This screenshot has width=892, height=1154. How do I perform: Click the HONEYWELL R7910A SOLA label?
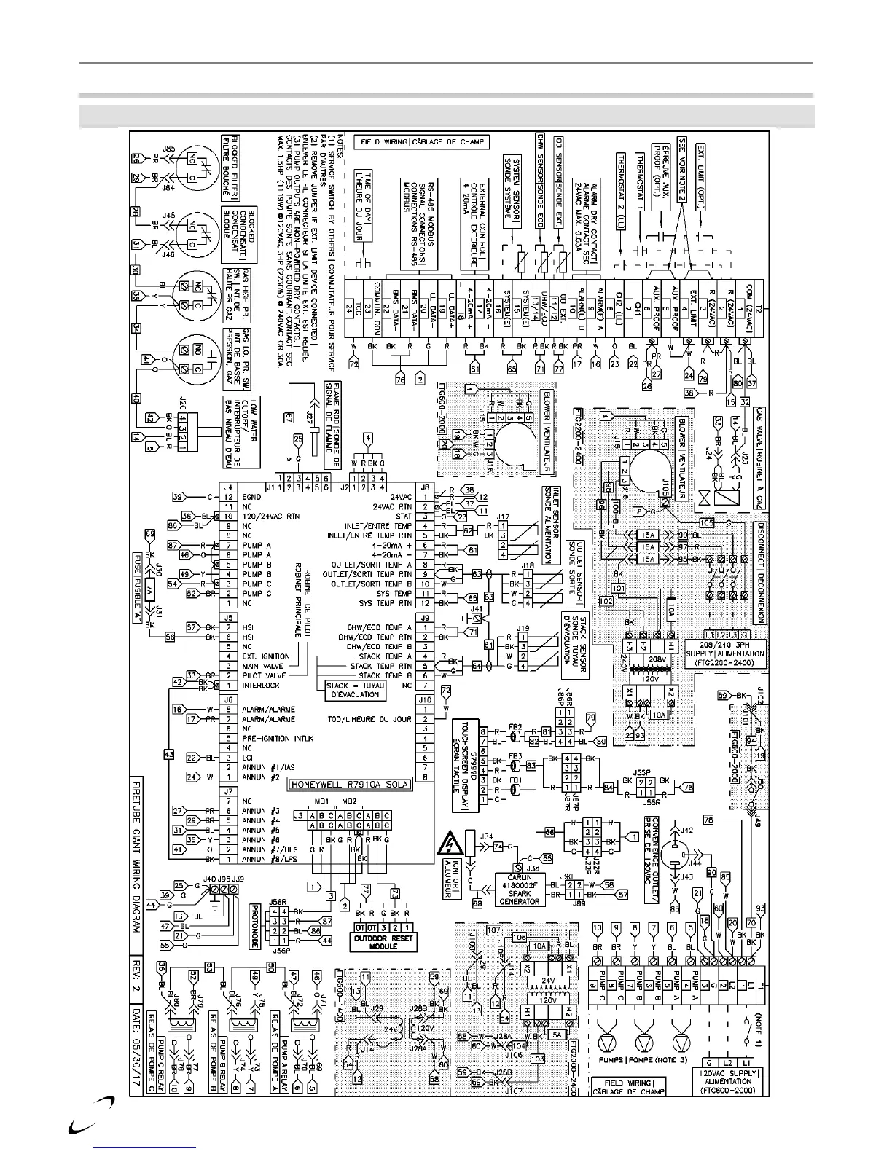(x=350, y=785)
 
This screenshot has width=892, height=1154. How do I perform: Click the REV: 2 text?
(x=136, y=976)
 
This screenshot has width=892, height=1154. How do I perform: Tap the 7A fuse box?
(x=149, y=587)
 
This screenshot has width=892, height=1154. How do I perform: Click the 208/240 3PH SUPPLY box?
(x=726, y=649)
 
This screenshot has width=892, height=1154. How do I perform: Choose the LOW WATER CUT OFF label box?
(x=240, y=430)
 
